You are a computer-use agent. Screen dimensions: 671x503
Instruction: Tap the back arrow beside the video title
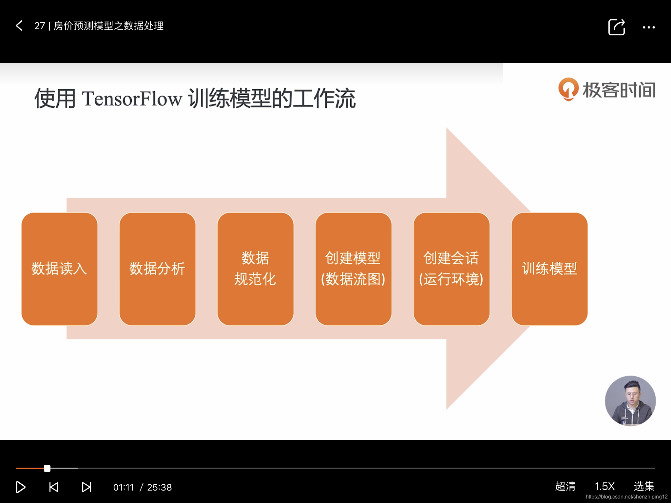[19, 26]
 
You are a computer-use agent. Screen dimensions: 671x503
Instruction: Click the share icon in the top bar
[616, 27]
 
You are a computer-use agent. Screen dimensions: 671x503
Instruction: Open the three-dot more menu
[648, 28]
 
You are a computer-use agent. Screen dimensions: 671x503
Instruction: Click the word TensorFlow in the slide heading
[132, 99]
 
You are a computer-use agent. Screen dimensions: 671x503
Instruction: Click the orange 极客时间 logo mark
[568, 89]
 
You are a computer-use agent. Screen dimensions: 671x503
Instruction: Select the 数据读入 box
[59, 269]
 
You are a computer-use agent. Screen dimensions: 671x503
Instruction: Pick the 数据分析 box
[157, 269]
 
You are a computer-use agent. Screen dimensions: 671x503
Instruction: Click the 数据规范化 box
[255, 269]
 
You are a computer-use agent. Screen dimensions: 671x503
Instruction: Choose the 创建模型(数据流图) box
[353, 269]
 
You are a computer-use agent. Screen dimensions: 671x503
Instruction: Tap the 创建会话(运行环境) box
[451, 269]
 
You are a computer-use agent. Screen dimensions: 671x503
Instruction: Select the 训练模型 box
[549, 269]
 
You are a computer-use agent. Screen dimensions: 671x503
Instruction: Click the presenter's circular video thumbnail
[630, 401]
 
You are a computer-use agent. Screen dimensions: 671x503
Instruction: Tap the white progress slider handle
[47, 468]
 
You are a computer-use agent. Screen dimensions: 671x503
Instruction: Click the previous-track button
[54, 487]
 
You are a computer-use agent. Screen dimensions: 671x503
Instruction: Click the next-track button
[86, 487]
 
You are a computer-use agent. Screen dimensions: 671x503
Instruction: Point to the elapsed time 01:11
[124, 487]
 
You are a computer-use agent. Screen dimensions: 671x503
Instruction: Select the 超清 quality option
[565, 486]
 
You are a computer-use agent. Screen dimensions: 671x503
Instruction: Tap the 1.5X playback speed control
[604, 486]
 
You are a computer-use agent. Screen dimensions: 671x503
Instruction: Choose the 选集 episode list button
[644, 486]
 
